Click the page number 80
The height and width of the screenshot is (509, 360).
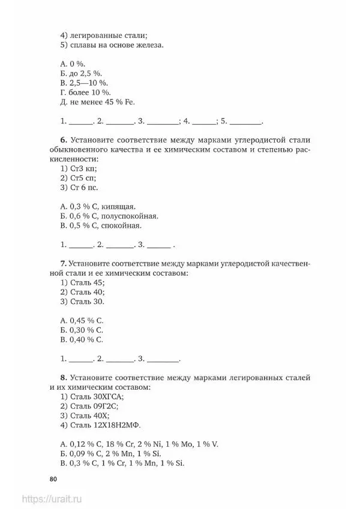point(53,478)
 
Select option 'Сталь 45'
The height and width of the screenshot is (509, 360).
point(88,282)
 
